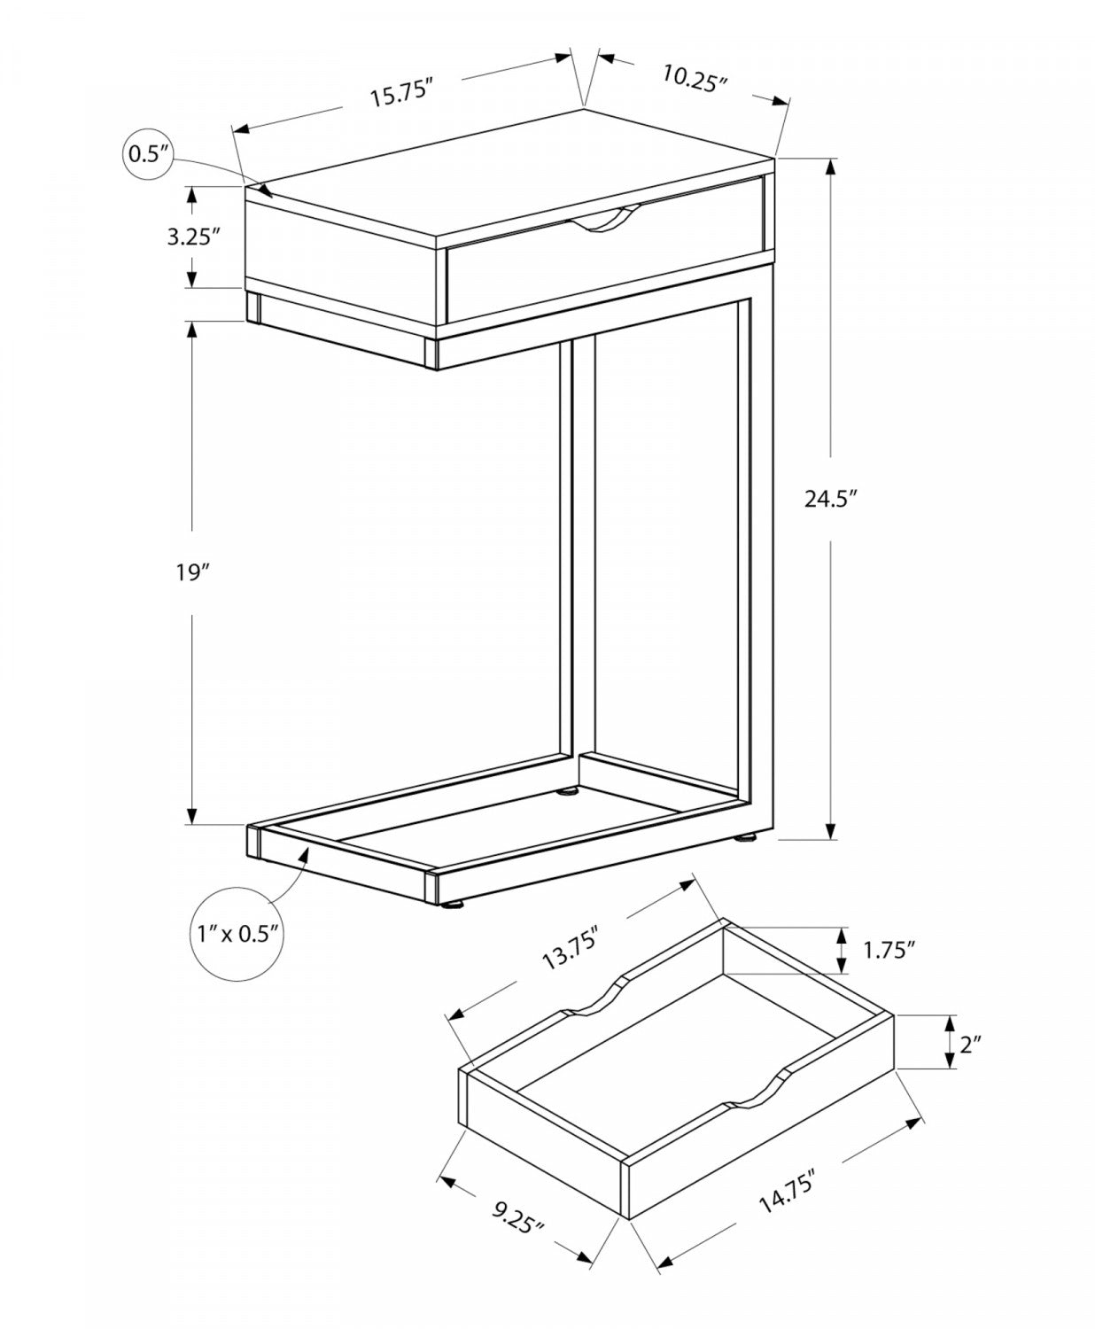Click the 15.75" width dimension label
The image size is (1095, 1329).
[400, 92]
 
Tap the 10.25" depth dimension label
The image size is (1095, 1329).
[695, 77]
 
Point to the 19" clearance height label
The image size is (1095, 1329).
[191, 572]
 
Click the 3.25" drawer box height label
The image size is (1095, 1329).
[192, 237]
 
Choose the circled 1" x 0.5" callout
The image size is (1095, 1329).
[236, 932]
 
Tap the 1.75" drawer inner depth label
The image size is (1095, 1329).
[889, 950]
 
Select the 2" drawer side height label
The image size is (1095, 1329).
[971, 1045]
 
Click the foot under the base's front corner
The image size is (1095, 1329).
[454, 905]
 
